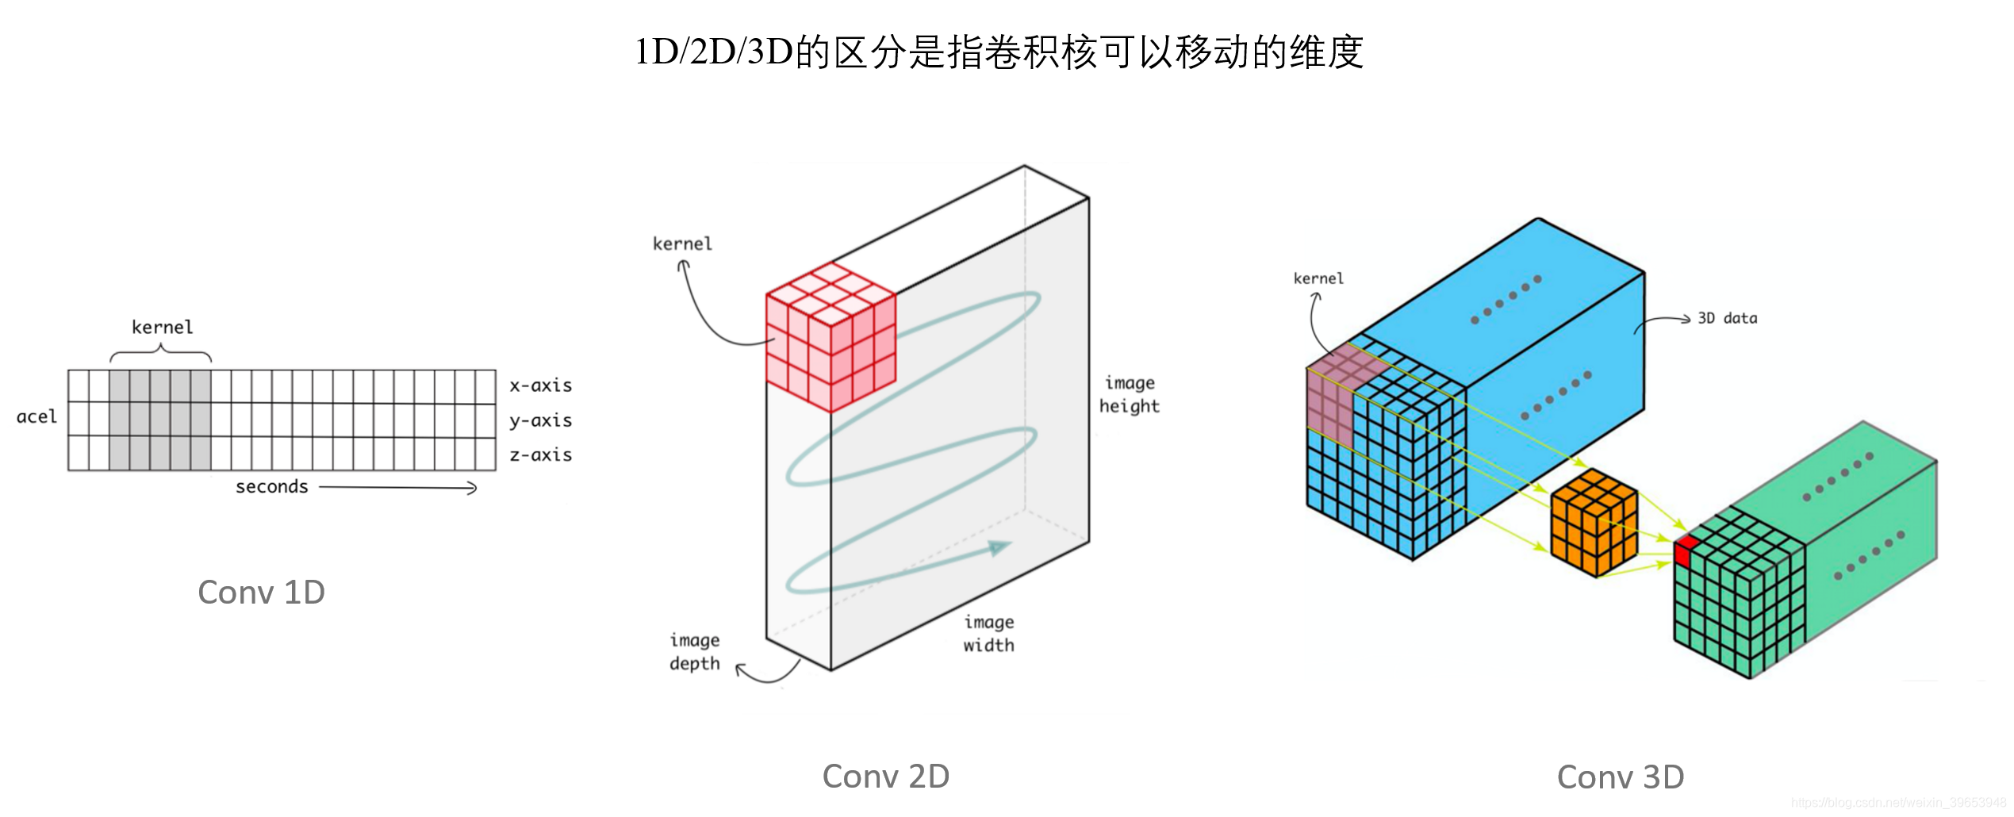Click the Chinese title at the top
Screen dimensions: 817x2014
click(x=999, y=52)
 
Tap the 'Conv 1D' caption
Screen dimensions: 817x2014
click(x=261, y=593)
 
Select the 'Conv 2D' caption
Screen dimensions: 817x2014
click(x=885, y=777)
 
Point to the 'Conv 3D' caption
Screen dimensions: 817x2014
click(x=1620, y=777)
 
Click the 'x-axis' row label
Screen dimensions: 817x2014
click(x=540, y=385)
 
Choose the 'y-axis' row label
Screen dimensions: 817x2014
click(x=540, y=420)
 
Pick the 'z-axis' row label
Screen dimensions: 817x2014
click(x=540, y=455)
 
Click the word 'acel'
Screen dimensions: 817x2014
click(x=36, y=417)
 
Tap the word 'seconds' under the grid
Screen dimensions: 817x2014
click(x=271, y=487)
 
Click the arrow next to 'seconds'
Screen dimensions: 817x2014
click(x=397, y=488)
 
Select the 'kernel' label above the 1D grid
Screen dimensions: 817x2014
click(x=162, y=328)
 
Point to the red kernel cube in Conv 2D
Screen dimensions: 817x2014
click(x=830, y=338)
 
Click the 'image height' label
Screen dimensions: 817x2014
click(x=1129, y=395)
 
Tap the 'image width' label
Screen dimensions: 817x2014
click(x=988, y=634)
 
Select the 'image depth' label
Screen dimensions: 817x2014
click(x=694, y=652)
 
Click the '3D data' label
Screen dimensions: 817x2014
click(x=1727, y=319)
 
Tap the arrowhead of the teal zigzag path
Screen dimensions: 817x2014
click(x=999, y=547)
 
